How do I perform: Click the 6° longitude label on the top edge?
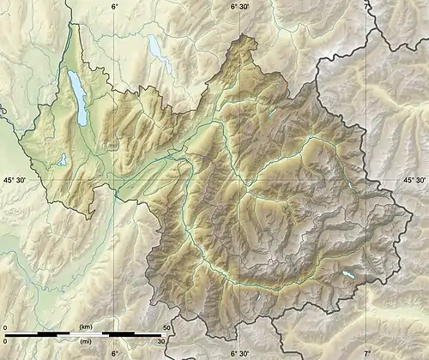click(x=114, y=6)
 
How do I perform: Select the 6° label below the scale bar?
click(x=114, y=352)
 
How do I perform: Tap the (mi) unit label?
click(x=85, y=339)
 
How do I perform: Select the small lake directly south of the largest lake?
click(x=63, y=159)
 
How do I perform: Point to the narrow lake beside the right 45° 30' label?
click(x=353, y=189)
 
